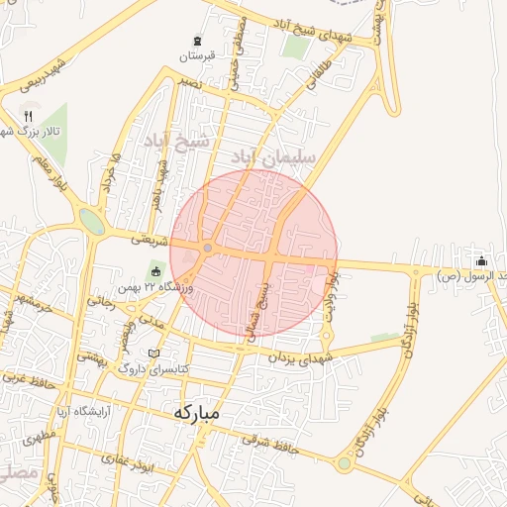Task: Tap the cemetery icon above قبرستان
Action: (198, 41)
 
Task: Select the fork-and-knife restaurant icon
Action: (28, 114)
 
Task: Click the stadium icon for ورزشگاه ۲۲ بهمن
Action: (154, 269)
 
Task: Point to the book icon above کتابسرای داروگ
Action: (152, 353)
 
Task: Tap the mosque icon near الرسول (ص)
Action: (481, 261)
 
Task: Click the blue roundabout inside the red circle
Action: (208, 248)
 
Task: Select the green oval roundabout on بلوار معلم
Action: (92, 221)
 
